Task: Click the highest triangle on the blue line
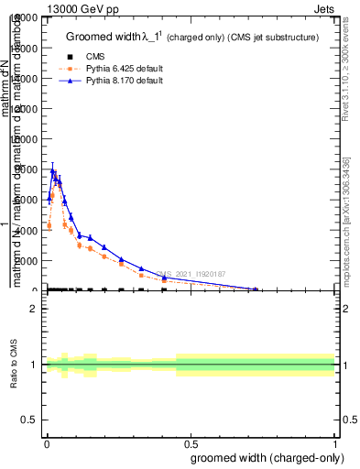53,171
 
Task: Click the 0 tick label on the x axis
47,444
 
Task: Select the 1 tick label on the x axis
335,444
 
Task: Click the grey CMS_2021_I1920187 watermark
198,274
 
